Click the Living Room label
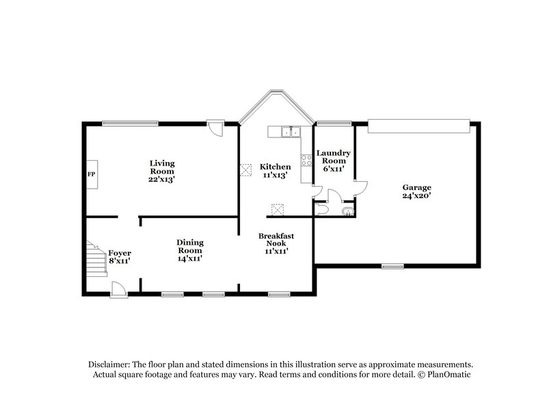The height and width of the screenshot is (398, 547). coord(163,171)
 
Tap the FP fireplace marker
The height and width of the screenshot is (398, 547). coord(90,174)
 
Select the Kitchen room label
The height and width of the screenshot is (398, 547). coord(275,171)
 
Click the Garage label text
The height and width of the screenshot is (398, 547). coord(416,191)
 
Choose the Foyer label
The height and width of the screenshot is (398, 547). coord(120,256)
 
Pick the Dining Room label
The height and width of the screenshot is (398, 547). coord(189,250)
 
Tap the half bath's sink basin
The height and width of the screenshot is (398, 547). coord(348,211)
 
